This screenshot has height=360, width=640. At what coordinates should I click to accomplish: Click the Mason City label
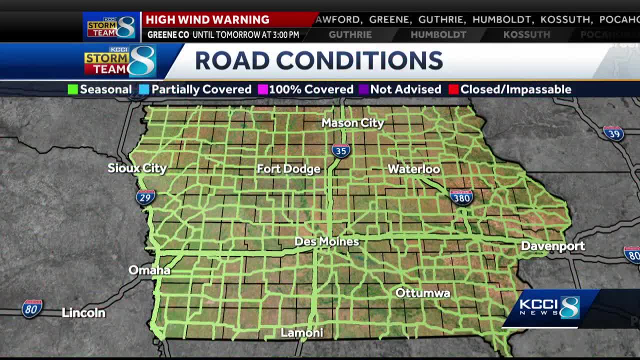[352, 123]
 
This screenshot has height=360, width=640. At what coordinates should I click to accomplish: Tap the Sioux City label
[137, 168]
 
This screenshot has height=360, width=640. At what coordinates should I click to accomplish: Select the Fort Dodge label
[288, 169]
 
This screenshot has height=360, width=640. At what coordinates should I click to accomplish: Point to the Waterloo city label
[414, 169]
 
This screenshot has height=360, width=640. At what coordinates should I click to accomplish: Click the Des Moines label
[326, 241]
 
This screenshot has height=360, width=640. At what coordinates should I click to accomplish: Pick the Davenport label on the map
[552, 246]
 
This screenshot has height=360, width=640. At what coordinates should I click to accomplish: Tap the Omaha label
[149, 270]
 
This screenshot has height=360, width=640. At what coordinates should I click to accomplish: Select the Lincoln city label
[83, 313]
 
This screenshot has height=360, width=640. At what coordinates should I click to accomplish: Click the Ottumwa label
[422, 293]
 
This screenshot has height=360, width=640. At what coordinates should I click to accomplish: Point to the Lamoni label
[302, 333]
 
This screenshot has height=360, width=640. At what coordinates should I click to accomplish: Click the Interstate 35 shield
[341, 150]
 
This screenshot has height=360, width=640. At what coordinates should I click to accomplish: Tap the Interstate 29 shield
[145, 196]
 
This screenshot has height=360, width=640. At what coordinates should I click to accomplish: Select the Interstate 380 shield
[461, 197]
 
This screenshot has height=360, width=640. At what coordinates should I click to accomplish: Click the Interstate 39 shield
[613, 133]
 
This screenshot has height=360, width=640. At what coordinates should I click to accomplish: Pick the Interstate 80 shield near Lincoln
[32, 308]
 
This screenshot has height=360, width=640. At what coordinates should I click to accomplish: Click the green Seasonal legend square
[73, 89]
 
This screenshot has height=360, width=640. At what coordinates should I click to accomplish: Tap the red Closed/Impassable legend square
[453, 89]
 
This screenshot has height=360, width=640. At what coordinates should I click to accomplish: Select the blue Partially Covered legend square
[144, 89]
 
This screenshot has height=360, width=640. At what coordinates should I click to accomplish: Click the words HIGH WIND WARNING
[207, 20]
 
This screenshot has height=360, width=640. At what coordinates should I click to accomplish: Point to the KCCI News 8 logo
[549, 307]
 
